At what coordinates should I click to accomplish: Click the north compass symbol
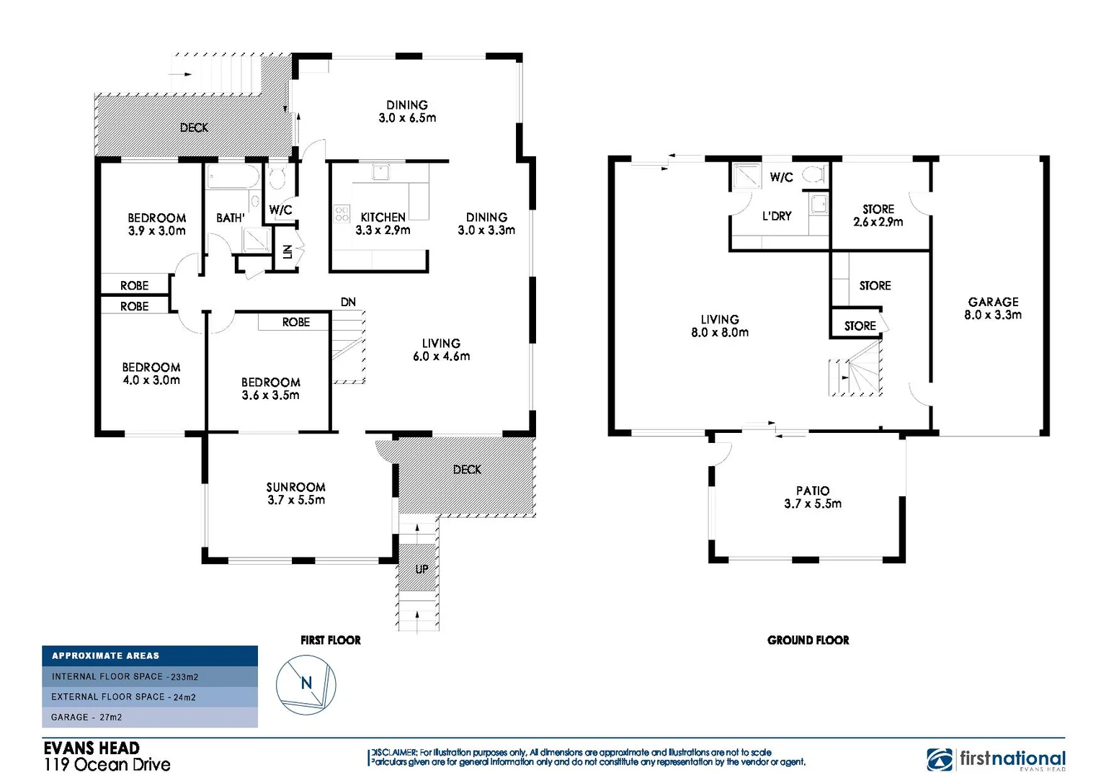306,684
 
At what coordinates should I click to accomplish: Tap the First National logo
996,759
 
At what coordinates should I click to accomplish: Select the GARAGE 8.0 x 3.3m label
993,308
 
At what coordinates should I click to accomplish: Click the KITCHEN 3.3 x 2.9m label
383,223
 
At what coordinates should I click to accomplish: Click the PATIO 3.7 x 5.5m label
813,497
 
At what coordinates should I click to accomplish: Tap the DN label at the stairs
348,302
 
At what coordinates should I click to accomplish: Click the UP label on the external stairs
422,569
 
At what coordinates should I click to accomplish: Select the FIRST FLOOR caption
331,640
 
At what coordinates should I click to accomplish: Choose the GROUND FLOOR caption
808,640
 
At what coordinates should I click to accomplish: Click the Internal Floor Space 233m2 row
150,676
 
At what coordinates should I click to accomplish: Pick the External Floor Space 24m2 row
150,697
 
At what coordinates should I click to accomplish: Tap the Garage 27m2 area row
150,717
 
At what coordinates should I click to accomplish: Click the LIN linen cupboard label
287,251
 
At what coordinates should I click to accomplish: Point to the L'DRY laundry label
777,216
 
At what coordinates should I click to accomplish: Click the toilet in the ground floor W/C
815,174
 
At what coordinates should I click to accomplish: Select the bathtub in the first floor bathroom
232,176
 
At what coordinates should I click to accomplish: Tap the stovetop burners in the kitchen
342,213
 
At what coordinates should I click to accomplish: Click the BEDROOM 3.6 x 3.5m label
270,388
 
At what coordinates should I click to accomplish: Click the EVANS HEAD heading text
92,748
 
